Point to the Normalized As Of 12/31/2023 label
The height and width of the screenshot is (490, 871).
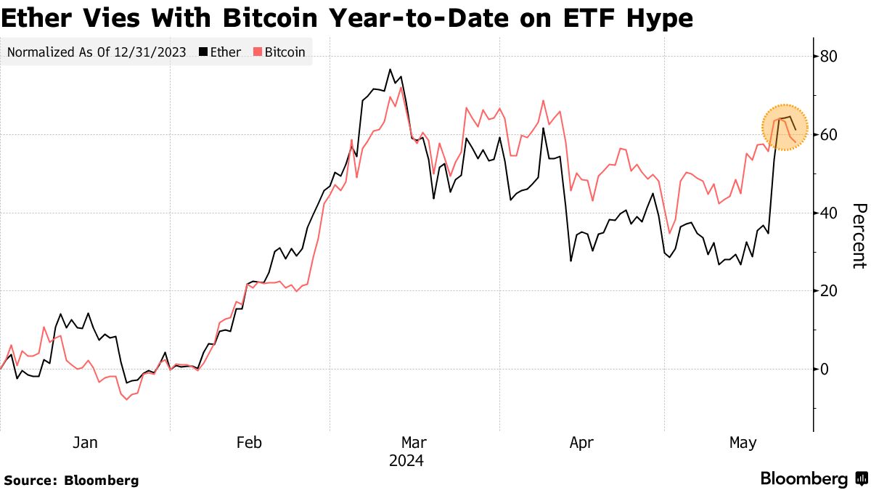point(96,52)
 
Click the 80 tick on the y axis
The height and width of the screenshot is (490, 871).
point(829,57)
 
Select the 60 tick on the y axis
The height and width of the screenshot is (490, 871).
point(829,135)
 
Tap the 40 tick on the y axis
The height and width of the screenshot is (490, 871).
point(829,213)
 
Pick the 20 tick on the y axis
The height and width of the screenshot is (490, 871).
point(829,291)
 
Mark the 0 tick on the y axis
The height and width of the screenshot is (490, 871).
point(825,369)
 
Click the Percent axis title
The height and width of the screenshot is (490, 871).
point(858,236)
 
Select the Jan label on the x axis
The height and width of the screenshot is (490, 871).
point(85,442)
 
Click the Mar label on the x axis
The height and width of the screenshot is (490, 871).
point(414,442)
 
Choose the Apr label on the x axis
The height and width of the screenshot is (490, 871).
point(581,442)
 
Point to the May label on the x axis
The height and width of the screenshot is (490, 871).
point(743,442)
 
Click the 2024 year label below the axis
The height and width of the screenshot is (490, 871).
point(406,461)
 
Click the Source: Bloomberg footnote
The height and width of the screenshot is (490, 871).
point(71,480)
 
